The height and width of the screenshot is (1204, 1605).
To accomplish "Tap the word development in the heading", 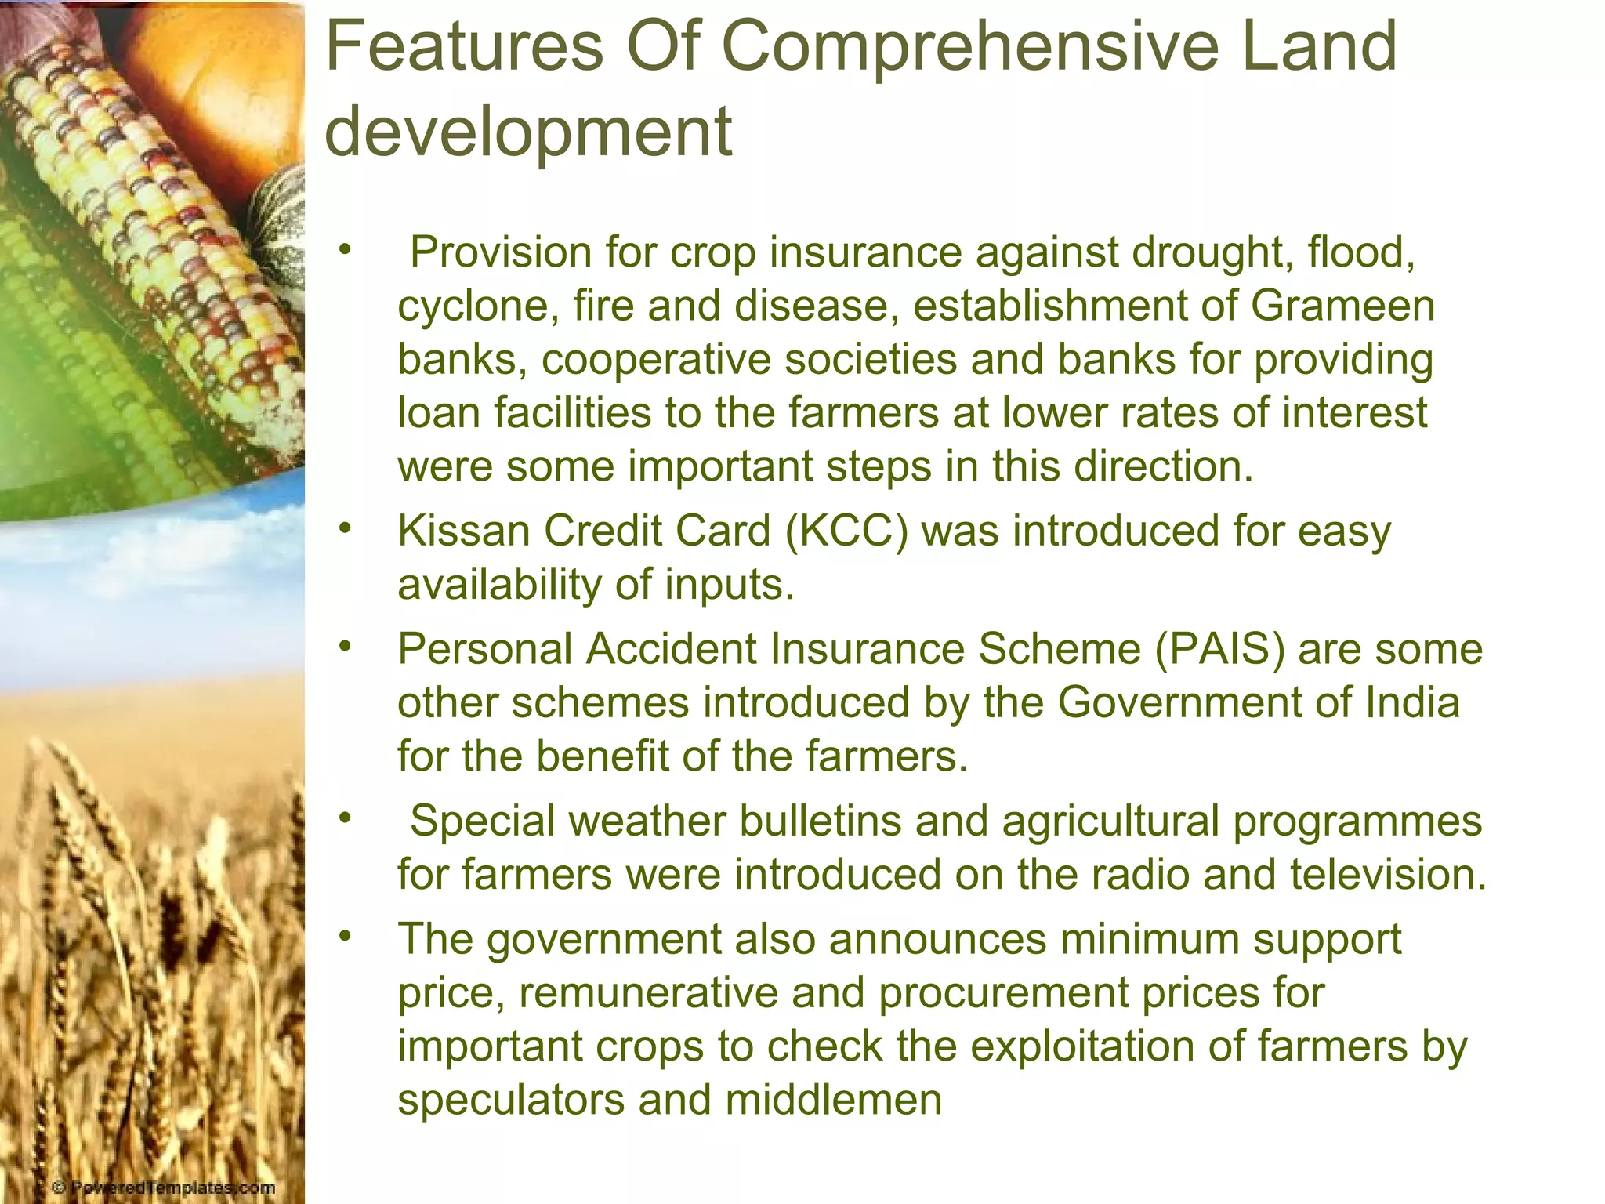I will point(528,132).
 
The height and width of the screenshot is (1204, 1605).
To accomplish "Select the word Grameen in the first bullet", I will point(1342,306).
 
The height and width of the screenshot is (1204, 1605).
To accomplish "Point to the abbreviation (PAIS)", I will point(1219,650).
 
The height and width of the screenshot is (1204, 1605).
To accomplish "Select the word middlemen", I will point(833,1100).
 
